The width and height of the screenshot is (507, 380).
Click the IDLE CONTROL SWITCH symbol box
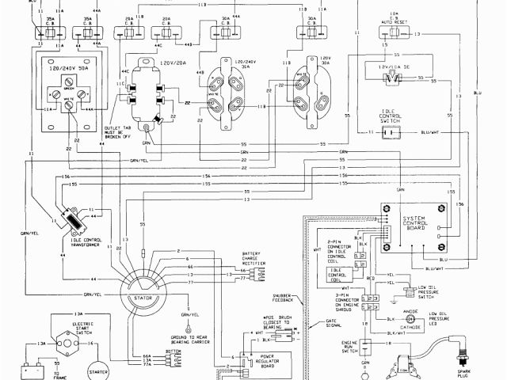pos(389,133)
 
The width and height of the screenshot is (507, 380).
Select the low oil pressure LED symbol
pos(410,320)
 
